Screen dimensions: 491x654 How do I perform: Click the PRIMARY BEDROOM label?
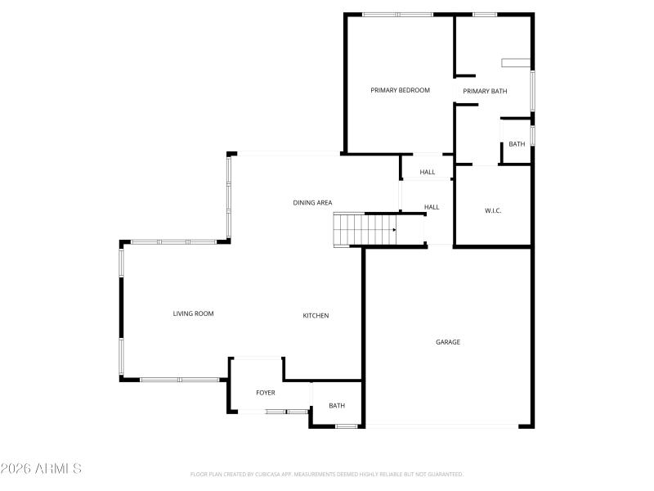coord(400,90)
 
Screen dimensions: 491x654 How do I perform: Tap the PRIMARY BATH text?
coord(485,91)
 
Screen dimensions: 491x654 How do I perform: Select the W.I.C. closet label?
coord(493,210)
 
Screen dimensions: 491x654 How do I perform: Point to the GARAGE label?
coord(447,342)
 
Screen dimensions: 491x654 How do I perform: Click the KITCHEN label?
coord(316,315)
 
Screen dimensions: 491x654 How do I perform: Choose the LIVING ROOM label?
coord(193,313)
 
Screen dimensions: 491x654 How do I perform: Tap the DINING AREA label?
coord(312,202)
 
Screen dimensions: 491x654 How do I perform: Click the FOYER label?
coord(265,393)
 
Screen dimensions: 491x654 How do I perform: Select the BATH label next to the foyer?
coord(337,405)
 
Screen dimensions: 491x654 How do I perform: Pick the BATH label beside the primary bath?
coord(517,144)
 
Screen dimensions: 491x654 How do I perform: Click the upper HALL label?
coord(428,172)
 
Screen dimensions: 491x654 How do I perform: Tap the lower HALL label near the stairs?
coord(432,207)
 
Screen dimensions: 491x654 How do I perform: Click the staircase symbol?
coord(364,229)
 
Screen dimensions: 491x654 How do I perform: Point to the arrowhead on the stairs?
coord(394,230)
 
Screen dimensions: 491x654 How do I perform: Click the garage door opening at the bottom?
coord(441,426)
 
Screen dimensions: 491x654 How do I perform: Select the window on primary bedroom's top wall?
coord(397,14)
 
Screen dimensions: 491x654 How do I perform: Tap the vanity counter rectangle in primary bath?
coord(515,62)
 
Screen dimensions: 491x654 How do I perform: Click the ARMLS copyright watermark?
coord(41,469)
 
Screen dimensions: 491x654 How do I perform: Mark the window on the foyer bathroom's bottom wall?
coord(347,426)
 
